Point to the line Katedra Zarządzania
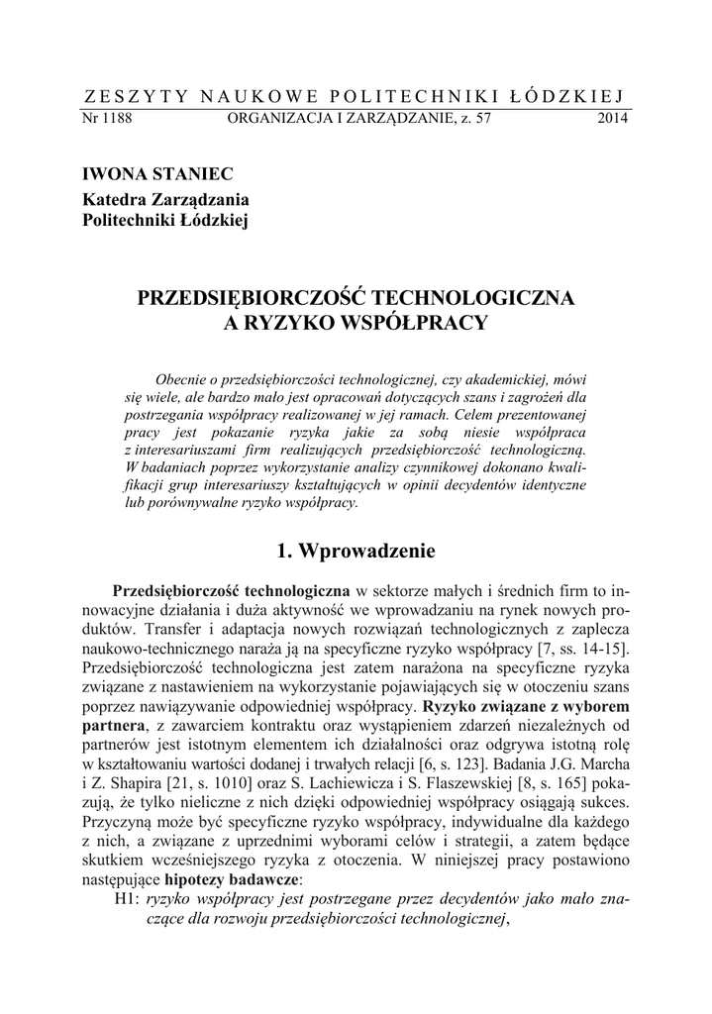pyautogui.click(x=164, y=198)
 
